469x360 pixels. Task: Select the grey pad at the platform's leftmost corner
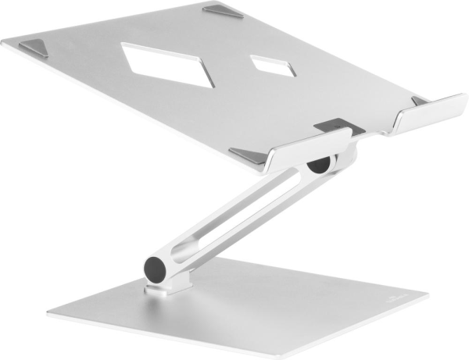pyautogui.click(x=33, y=48)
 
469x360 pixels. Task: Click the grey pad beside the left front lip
pyautogui.click(x=249, y=155)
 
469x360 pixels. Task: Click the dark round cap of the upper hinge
pyautogui.click(x=318, y=165)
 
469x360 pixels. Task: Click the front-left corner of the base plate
pyautogui.click(x=52, y=315)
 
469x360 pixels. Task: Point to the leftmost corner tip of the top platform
pyautogui.click(x=4, y=45)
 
